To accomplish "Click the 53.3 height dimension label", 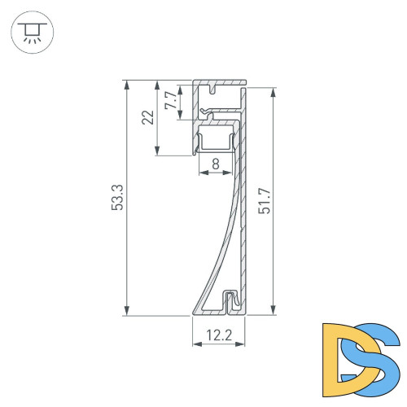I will (117, 198).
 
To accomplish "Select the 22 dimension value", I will (147, 116).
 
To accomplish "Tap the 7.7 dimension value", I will (169, 101).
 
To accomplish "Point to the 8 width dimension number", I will (215, 164).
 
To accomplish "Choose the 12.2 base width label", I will (218, 335).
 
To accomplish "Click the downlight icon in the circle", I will (32, 32).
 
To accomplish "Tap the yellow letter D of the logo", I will (342, 355).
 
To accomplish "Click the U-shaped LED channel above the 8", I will (217, 142).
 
